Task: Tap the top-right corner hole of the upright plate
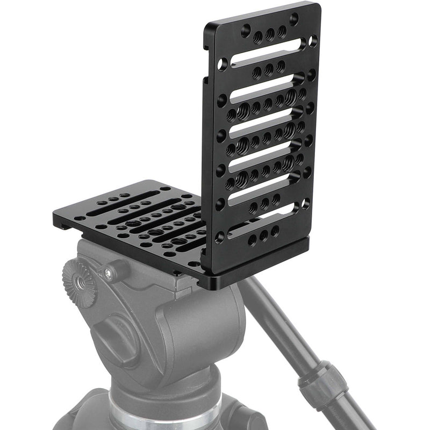pyautogui.click(x=294, y=19)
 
